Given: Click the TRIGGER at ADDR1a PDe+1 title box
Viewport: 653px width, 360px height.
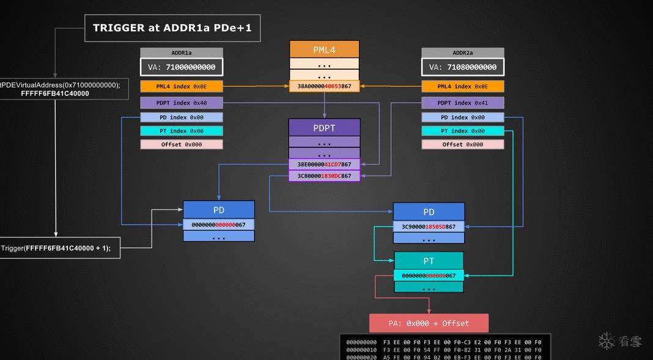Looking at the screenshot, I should point(172,28).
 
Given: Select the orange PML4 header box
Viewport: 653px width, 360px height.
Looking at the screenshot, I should point(324,49).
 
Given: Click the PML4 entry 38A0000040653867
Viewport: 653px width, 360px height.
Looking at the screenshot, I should point(324,87).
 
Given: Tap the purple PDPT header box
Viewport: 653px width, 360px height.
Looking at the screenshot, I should point(324,127).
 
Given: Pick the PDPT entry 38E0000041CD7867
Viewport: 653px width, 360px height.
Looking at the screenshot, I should point(324,164).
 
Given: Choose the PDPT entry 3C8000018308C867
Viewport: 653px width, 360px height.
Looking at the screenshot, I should point(324,176).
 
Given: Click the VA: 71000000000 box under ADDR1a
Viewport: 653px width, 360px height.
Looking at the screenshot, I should point(182,67).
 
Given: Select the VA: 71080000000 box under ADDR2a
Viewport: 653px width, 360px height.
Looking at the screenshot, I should point(463,67).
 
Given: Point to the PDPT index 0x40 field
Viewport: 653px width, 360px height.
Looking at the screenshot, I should point(182,103).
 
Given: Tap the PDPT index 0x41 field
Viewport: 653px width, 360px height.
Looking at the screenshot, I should point(463,103).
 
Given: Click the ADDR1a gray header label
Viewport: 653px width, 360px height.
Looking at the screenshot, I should point(182,53).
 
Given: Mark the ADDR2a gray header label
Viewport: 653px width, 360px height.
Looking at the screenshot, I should point(463,53).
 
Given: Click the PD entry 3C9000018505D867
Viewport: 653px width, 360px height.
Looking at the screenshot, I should point(429,227).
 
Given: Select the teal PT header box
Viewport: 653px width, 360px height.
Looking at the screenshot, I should point(429,261).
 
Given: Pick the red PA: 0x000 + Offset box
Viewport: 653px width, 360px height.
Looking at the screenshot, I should point(429,323).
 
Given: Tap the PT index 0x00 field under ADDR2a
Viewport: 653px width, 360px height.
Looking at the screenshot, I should point(463,131).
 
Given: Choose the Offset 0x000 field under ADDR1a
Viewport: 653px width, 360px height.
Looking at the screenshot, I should point(182,145).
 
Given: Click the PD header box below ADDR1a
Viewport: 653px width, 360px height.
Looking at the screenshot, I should point(219,210).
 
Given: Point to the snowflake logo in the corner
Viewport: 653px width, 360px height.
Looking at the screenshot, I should point(607,341).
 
